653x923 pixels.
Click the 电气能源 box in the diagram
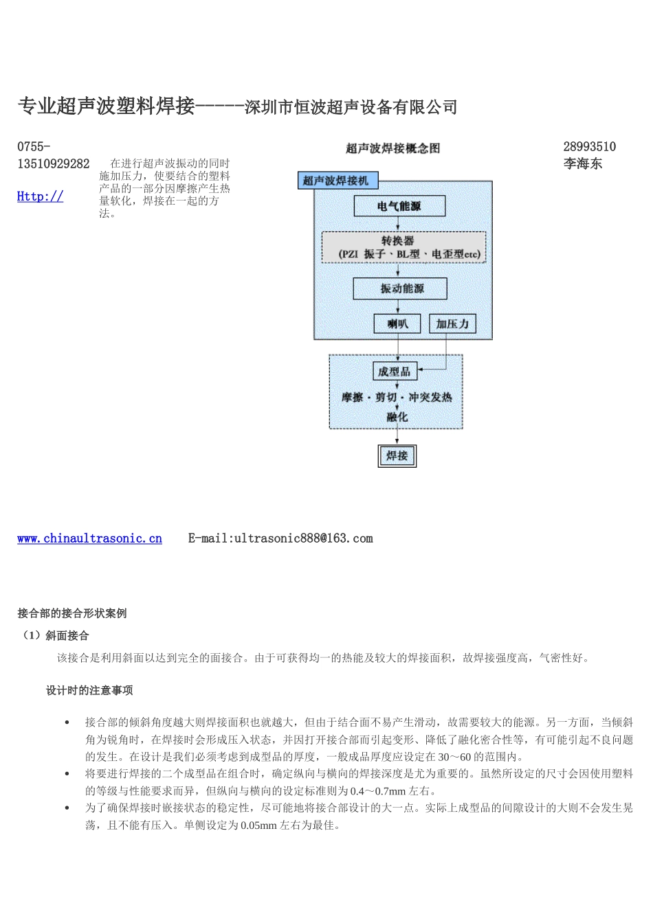(x=399, y=206)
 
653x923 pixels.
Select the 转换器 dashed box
(x=403, y=247)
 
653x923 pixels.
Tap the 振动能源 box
(x=399, y=288)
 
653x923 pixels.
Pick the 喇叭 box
(x=397, y=323)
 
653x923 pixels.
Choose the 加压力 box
(x=452, y=323)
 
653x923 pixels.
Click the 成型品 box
(x=394, y=372)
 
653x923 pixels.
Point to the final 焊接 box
(x=397, y=455)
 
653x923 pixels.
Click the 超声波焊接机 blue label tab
(x=336, y=181)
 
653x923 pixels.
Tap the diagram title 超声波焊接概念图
(x=392, y=148)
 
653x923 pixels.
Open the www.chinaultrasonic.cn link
(x=89, y=538)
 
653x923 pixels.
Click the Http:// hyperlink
(x=40, y=196)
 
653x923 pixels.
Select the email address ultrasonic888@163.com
(x=303, y=538)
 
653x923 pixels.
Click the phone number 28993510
(x=589, y=146)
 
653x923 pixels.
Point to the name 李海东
(x=582, y=163)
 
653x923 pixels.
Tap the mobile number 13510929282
(x=53, y=163)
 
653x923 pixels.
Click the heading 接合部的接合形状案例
(x=72, y=613)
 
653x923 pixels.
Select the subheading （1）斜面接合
(x=56, y=635)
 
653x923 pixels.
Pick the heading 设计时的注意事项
(x=89, y=690)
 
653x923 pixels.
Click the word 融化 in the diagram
(x=397, y=416)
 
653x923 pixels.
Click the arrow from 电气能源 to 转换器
(x=399, y=224)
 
